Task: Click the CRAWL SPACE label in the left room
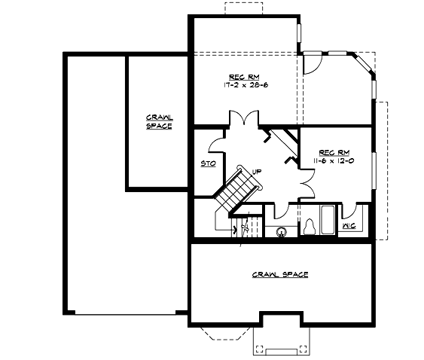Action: pyautogui.click(x=159, y=122)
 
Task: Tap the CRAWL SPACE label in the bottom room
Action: pyautogui.click(x=279, y=275)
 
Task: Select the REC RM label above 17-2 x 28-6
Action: pyautogui.click(x=243, y=77)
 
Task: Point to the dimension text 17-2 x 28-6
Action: pyautogui.click(x=246, y=85)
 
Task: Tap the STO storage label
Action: pyautogui.click(x=206, y=163)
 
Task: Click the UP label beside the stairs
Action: pyautogui.click(x=257, y=171)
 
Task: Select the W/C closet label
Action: pyautogui.click(x=349, y=225)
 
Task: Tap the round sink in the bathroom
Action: pyautogui.click(x=282, y=231)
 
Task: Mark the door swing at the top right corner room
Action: pyautogui.click(x=313, y=65)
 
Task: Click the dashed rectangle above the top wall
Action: pyautogui.click(x=243, y=8)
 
